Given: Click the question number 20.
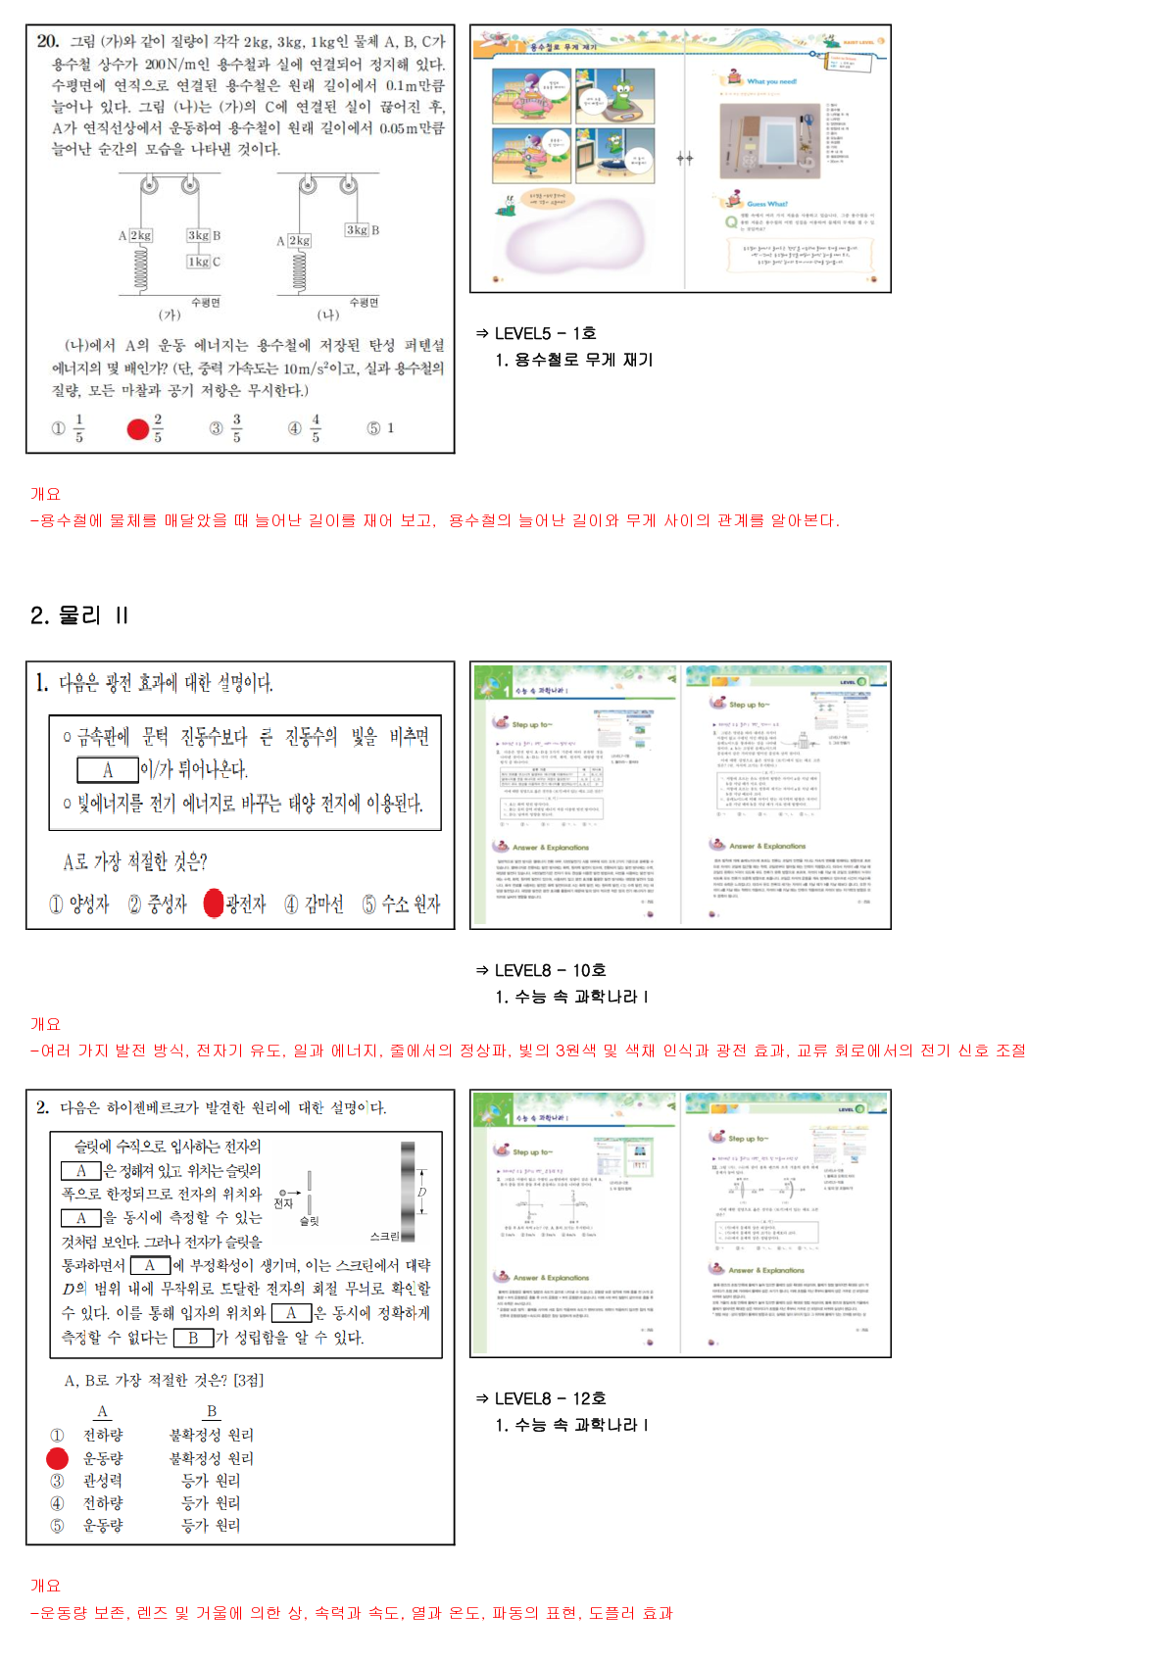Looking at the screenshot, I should click(47, 41).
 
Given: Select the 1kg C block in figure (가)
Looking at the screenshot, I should click(204, 262).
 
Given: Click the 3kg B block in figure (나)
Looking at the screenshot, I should click(362, 230).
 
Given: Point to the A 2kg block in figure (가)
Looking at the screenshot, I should click(136, 236).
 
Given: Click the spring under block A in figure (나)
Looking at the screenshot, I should click(299, 270).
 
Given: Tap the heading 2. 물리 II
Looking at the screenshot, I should click(79, 615).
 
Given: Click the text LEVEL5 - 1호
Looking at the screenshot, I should click(545, 333).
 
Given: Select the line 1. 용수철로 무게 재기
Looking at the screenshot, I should click(574, 360).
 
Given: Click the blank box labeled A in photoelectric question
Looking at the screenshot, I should click(108, 770).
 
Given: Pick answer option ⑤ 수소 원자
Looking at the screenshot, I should click(401, 904).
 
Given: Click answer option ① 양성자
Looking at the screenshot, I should click(79, 904).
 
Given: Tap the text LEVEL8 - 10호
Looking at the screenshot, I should click(550, 970).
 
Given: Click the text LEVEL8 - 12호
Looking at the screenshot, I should click(550, 1398).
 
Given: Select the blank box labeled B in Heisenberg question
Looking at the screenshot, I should click(193, 1338).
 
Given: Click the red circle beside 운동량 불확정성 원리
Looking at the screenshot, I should click(58, 1458).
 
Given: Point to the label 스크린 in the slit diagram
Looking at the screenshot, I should click(385, 1237).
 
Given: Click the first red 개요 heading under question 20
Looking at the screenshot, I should click(45, 494).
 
